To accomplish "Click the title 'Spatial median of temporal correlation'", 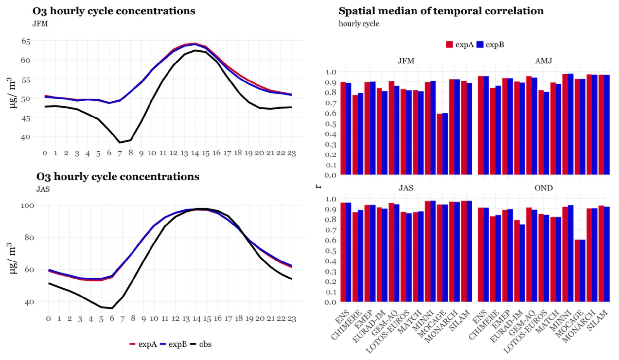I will tap(441, 11).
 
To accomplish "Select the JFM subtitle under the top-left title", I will tap(40, 24).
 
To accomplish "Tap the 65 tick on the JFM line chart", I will tap(26, 41).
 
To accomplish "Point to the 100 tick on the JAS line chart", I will tap(27, 206).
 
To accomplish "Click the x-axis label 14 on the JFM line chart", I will tap(195, 153).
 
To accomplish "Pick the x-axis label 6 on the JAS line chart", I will tap(112, 319).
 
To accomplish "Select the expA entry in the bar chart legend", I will tap(460, 45).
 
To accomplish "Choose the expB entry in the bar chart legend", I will tap(490, 45).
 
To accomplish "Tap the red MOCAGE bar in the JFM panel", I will tap(439, 144).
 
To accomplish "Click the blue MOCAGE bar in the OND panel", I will tap(582, 271).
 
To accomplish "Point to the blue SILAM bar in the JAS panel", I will tap(469, 251).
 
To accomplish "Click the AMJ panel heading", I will tap(543, 61).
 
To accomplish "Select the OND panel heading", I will tap(543, 188).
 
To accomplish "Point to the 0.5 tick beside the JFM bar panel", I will tap(331, 124).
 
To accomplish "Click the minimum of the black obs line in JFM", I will tap(120, 142).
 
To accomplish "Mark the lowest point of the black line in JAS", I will tap(112, 308).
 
